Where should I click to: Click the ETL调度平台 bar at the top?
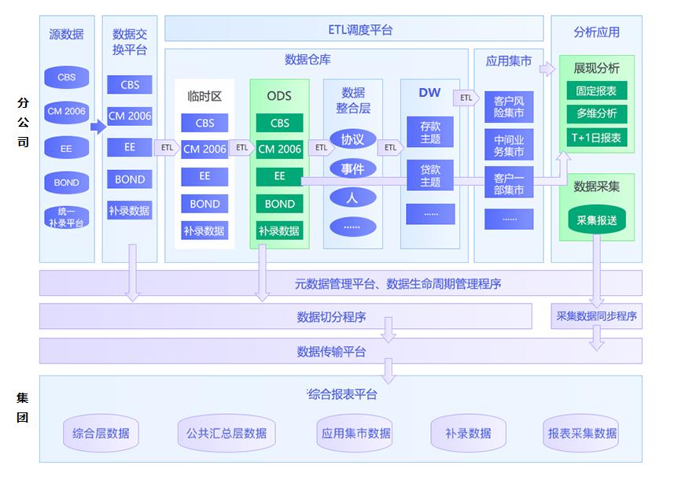pos(354,30)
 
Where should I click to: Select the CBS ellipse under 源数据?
pos(67,78)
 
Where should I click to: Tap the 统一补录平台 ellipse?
pos(67,217)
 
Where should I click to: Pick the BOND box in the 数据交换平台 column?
pos(130,179)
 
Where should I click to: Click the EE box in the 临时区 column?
pos(205,176)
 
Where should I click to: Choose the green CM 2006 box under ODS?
pos(279,149)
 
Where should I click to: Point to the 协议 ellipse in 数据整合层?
pos(352,140)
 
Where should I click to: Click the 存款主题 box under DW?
pos(430,132)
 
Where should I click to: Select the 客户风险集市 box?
pos(509,108)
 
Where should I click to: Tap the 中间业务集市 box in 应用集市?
pos(509,145)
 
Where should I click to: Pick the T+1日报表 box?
pos(596,138)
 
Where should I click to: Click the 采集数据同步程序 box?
pos(597,316)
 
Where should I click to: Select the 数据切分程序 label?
pos(331,317)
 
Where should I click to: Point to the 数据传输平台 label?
pos(331,352)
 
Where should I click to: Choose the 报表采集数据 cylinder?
pos(583,434)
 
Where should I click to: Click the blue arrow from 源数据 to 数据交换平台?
pos(98,126)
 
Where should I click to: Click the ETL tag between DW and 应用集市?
pos(466,98)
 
